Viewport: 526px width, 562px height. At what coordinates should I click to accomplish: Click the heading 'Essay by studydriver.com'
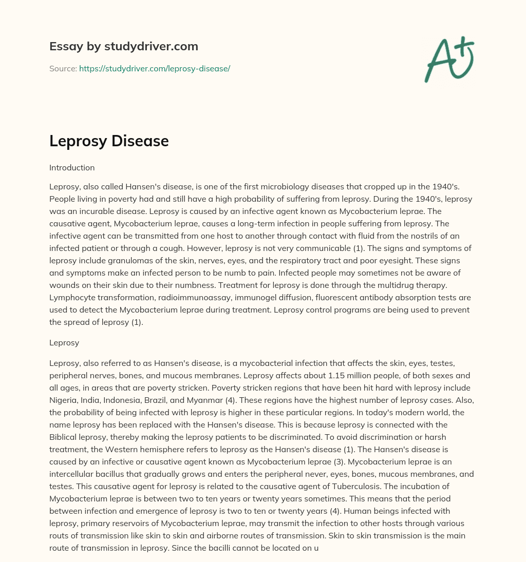[123, 46]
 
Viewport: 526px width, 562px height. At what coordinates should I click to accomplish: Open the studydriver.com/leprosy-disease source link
[154, 68]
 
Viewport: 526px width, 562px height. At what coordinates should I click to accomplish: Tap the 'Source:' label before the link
[63, 68]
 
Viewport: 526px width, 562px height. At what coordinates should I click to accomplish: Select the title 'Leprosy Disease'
[109, 141]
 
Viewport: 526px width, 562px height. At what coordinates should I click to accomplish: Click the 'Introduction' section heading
[72, 167]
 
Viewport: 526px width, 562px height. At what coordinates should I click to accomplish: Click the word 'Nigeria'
[63, 401]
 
